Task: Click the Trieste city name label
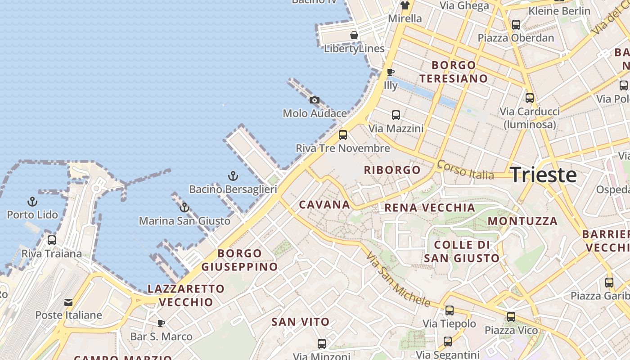coord(544,175)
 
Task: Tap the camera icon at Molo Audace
coord(315,100)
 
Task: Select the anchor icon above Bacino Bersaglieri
coord(233,176)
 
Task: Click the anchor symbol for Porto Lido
coord(32,201)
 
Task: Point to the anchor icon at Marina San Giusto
coord(184,207)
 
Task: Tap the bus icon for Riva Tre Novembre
coord(343,135)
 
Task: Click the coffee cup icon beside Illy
coord(391,72)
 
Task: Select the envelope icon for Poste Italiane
coord(68,302)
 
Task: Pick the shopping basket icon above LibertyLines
coord(354,35)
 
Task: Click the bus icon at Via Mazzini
coord(396,115)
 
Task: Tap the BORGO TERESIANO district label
coord(454,72)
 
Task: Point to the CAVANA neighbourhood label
coord(324,205)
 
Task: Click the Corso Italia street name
coord(466,170)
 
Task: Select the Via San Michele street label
coord(398,279)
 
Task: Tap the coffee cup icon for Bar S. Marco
coord(161,323)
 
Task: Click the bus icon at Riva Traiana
coord(52,240)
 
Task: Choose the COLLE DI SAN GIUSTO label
coord(462,252)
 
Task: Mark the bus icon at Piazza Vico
coord(511,317)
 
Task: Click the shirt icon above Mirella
coord(405,5)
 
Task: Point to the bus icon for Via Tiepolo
coord(449,310)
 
